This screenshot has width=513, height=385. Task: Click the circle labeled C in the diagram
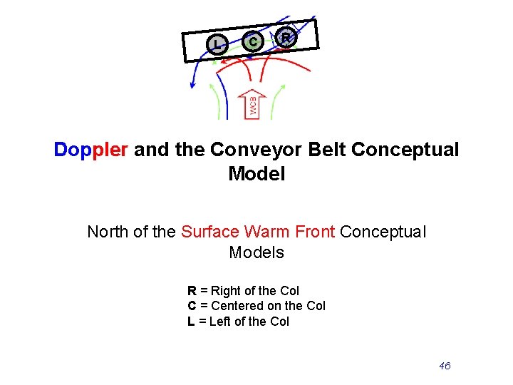tap(251, 42)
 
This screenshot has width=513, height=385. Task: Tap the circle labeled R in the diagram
tap(286, 36)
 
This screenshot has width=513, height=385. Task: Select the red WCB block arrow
tap(253, 104)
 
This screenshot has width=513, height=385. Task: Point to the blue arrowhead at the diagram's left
tap(192, 85)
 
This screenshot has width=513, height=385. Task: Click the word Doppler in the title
tap(91, 150)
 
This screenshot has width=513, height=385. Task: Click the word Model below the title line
tap(256, 174)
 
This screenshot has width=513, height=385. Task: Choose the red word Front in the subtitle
tap(313, 232)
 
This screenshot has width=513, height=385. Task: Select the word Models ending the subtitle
tap(256, 252)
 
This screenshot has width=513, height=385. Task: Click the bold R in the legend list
tap(192, 291)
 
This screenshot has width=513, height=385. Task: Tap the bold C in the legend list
tap(192, 306)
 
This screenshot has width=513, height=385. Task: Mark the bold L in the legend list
tap(191, 322)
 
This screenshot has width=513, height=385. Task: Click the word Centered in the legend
tap(237, 306)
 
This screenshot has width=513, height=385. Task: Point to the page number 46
tap(445, 366)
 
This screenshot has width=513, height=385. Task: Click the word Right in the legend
tap(226, 291)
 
